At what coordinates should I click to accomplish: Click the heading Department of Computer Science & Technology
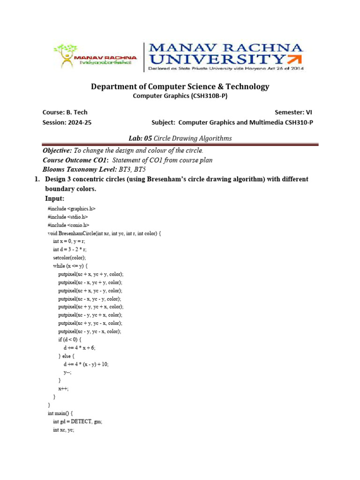tap(180, 87)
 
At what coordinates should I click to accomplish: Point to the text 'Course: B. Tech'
tap(65, 112)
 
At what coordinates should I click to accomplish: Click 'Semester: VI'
tap(293, 112)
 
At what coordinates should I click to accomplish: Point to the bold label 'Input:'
tap(54, 199)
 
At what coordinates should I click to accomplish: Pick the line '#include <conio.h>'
tap(68, 225)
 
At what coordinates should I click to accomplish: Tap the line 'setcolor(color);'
tap(70, 257)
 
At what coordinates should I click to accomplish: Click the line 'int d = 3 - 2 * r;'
tap(70, 249)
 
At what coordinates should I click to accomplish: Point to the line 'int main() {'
tap(61, 413)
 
